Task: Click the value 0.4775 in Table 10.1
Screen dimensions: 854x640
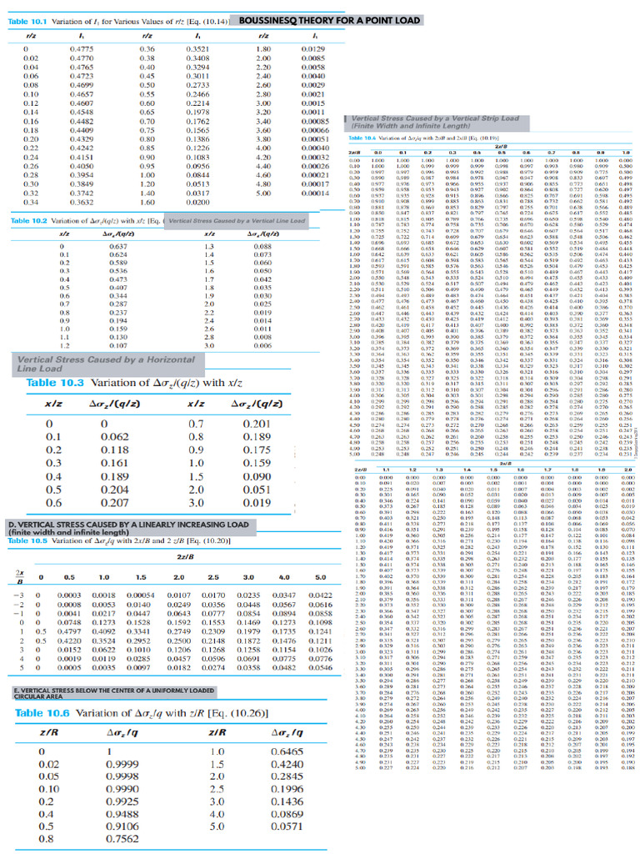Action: tap(84, 49)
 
